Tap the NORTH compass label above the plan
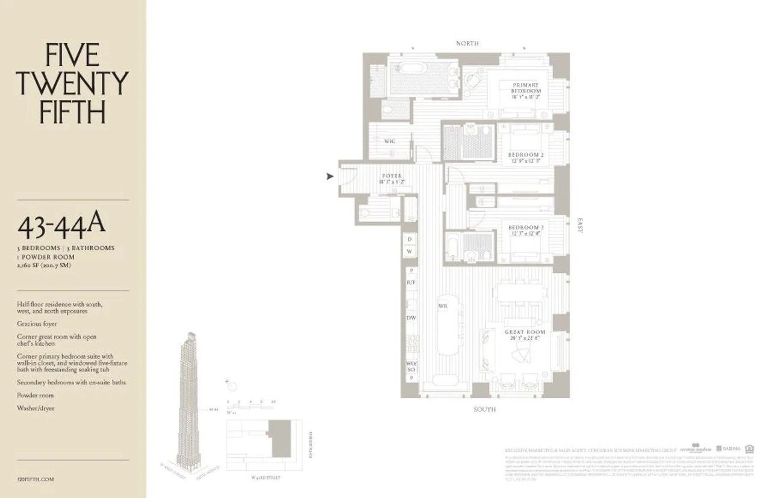pos(467,43)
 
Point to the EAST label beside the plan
pos(580,226)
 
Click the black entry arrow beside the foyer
pos(329,176)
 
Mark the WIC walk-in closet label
pos(389,141)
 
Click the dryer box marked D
pos(410,240)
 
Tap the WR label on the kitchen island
pos(443,306)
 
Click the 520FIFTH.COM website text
pos(36,479)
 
